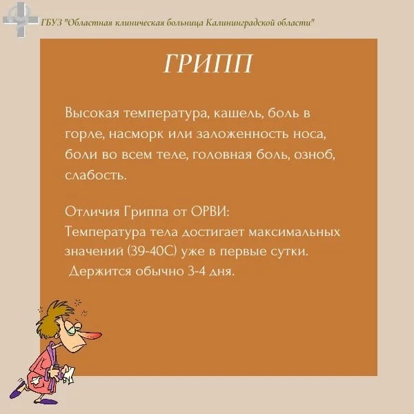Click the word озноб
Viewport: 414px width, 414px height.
click(x=314, y=154)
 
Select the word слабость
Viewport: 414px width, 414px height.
click(x=96, y=175)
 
